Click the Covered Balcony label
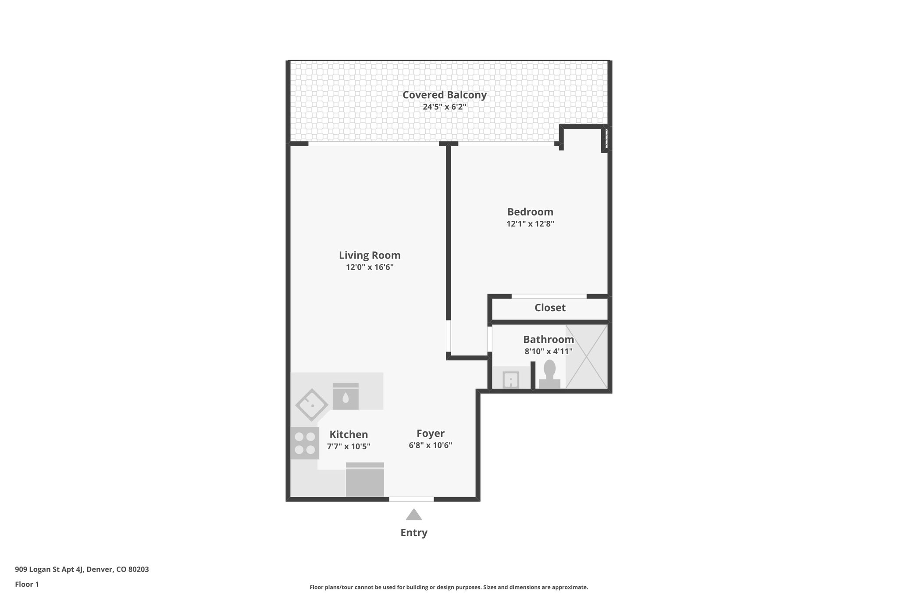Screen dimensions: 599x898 (444, 95)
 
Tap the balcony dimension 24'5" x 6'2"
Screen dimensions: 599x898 (444, 107)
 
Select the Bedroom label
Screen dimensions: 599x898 (530, 212)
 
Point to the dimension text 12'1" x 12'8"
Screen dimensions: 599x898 (530, 224)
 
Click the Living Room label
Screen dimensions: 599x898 (369, 255)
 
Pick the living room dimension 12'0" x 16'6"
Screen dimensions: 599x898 (369, 267)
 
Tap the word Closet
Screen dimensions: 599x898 (549, 308)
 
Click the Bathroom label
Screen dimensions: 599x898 (548, 339)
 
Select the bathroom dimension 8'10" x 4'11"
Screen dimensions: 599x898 (548, 351)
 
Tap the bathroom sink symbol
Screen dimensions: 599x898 (511, 380)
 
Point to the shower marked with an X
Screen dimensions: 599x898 (586, 356)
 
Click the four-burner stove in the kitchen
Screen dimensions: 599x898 (305, 443)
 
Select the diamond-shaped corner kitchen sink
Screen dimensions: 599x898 (311, 405)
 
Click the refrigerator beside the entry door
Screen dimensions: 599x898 (365, 480)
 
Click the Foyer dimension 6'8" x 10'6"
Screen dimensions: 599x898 (430, 445)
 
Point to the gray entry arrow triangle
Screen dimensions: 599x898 (413, 515)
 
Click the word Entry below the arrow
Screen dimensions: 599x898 (413, 533)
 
